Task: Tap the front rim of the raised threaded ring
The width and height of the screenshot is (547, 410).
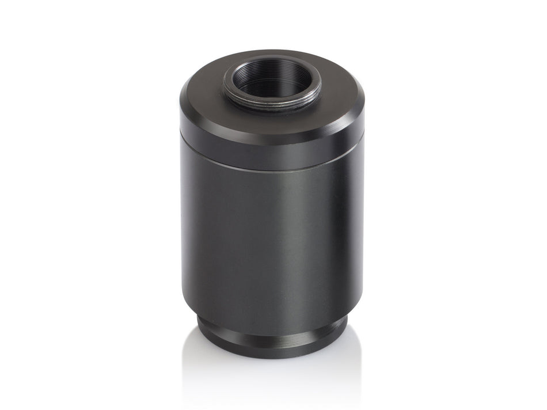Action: (272, 108)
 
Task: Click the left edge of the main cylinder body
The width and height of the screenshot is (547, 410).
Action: (183, 230)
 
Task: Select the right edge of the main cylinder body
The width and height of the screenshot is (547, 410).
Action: (362, 230)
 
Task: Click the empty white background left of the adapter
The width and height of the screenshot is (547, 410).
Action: (86, 202)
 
